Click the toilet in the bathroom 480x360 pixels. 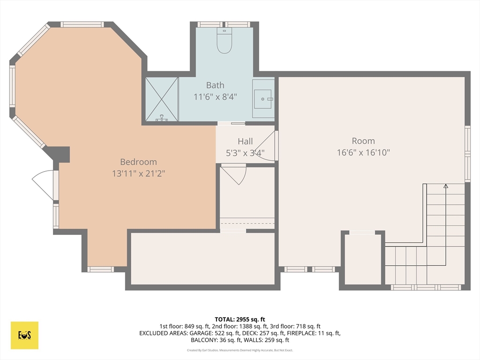225,41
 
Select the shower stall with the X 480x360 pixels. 162,99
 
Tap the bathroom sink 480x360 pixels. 263,99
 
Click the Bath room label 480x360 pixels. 215,85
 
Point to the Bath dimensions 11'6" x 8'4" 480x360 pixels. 215,97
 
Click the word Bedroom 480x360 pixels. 138,162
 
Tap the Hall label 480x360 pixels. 245,141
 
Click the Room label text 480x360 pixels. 363,141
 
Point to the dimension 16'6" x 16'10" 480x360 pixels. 363,152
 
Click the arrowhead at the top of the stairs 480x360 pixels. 446,186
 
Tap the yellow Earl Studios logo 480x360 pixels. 24,335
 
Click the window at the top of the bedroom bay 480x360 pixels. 82,24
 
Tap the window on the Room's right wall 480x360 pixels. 467,154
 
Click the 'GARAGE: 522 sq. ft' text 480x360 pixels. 210,333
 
